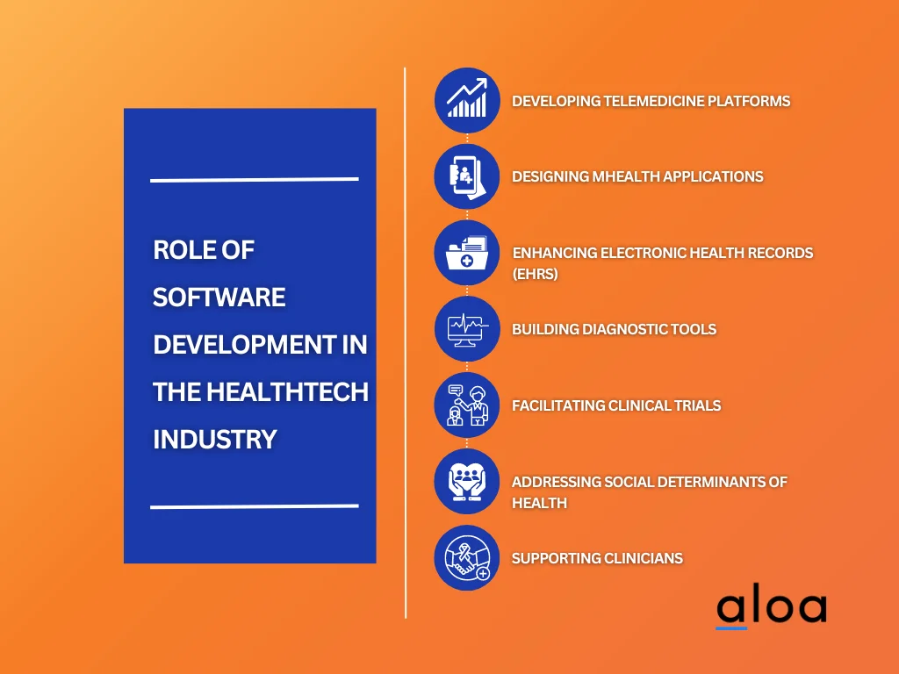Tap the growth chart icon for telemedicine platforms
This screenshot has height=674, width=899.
click(467, 100)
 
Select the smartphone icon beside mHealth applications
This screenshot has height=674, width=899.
click(467, 176)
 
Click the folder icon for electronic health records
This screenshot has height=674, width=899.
click(467, 253)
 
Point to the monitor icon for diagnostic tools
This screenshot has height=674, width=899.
click(467, 329)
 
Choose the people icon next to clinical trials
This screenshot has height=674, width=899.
click(467, 405)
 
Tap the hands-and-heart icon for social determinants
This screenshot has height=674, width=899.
click(467, 482)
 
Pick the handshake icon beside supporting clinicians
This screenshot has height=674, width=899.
click(467, 558)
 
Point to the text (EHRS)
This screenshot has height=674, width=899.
click(536, 274)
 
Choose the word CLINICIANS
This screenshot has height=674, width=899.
click(639, 558)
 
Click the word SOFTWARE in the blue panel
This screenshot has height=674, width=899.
click(219, 298)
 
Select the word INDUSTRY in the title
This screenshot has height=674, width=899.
click(215, 439)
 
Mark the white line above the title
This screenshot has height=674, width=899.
click(255, 180)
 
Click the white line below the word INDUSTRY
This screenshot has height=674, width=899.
click(255, 506)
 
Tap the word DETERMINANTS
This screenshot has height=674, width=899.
click(700, 482)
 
